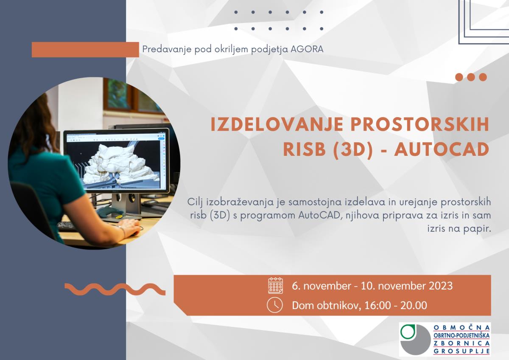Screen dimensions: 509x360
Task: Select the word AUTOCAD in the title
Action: tap(442, 149)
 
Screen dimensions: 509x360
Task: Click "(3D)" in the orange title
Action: tap(353, 149)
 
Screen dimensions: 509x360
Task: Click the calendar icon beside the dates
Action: tap(275, 285)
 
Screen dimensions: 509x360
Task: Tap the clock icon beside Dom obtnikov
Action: tap(275, 305)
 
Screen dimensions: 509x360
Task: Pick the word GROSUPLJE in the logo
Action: tap(462, 351)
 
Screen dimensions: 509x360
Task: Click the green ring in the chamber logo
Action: tap(408, 332)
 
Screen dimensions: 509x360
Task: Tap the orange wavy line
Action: tap(115, 289)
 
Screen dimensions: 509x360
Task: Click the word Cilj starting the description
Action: tap(195, 202)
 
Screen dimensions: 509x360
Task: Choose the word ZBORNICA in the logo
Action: tap(462, 343)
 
